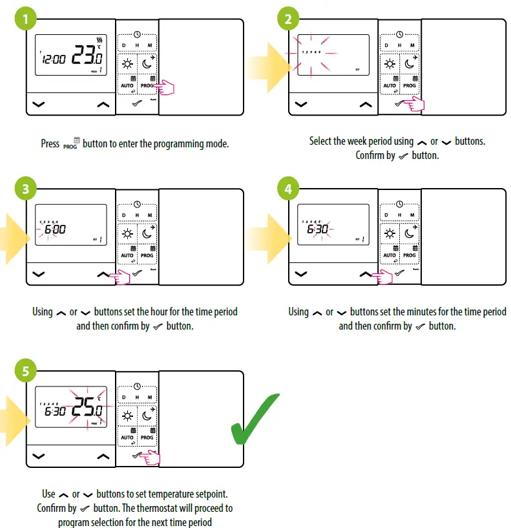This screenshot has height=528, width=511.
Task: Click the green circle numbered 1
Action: [26, 19]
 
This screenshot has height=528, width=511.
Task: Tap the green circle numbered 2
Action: [288, 19]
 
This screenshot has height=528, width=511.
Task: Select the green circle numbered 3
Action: [26, 189]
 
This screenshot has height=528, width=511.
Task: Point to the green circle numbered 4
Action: [288, 189]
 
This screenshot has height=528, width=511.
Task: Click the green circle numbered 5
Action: [26, 372]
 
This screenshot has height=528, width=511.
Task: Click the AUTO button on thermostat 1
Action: [127, 82]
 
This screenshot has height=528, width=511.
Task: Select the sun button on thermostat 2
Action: [390, 63]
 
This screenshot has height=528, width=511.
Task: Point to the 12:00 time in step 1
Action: [54, 59]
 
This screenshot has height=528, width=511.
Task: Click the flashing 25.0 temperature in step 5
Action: [87, 410]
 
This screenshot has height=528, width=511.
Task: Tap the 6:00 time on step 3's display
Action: [55, 229]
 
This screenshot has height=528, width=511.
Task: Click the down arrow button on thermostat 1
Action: [39, 103]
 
